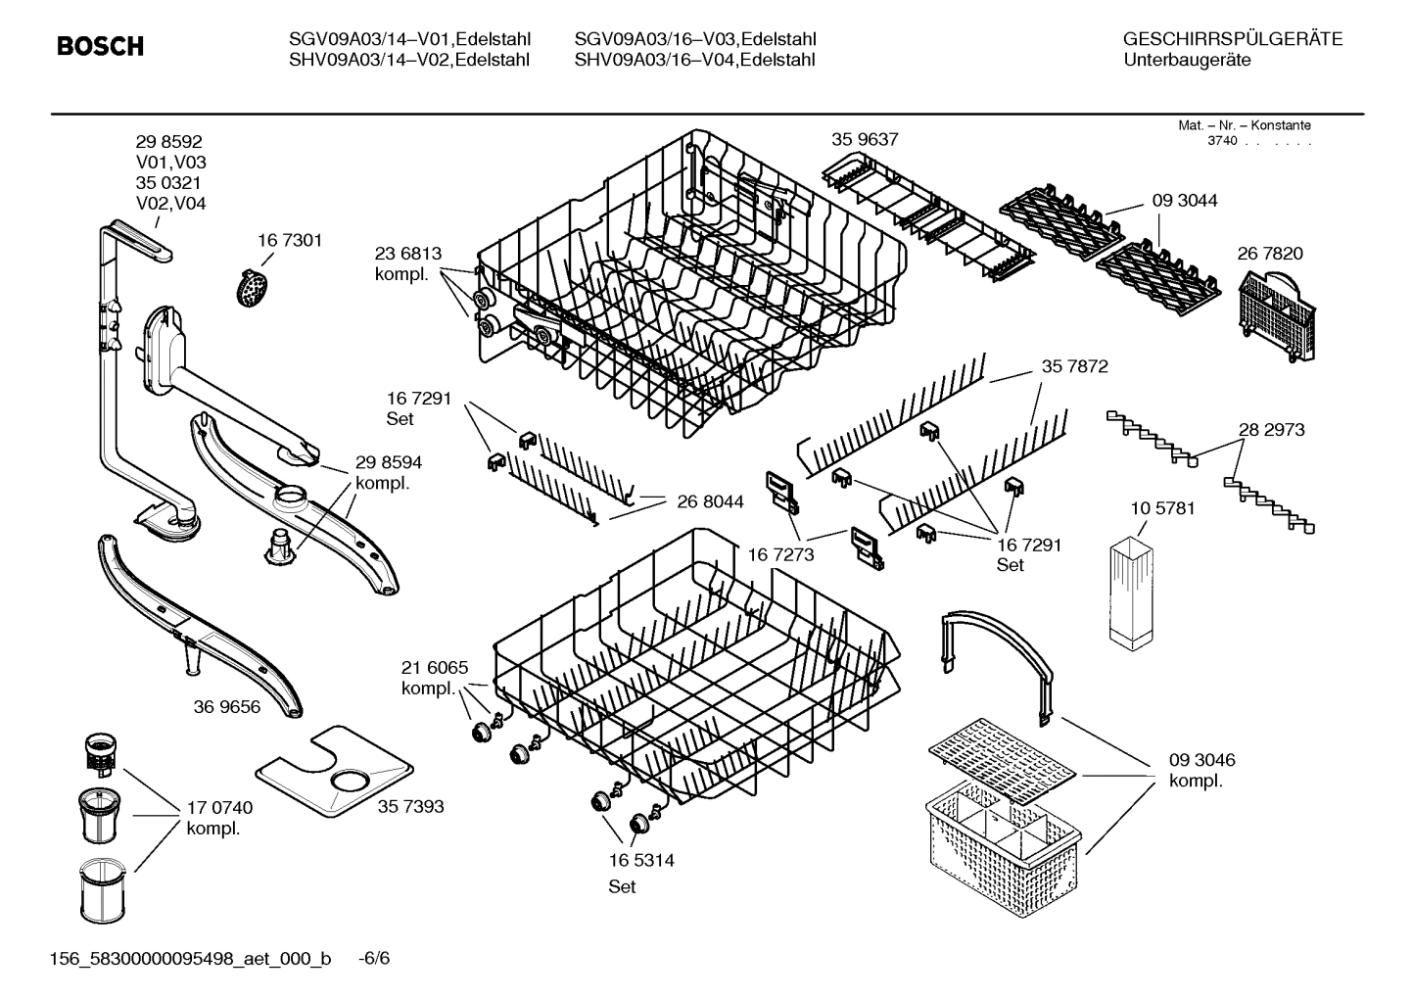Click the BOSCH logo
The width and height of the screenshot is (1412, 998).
coord(100,46)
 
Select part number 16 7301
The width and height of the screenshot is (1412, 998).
coord(289,240)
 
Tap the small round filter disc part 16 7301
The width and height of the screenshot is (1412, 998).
coord(254,288)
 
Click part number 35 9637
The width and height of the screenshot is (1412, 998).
coord(865,139)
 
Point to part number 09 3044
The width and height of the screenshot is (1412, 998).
coord(1184,200)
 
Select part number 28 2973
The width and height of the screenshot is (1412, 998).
coord(1271,429)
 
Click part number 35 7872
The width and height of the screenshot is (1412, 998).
coord(1074,366)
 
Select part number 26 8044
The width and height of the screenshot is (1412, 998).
coord(710,501)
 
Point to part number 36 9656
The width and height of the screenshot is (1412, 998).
coord(226,706)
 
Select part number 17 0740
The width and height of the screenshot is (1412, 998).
coord(219,808)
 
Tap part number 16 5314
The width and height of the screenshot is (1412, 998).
coord(640,861)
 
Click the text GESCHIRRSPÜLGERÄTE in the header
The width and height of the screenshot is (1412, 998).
coord(1232,39)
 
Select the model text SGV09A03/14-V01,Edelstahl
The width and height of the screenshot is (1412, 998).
coord(408,39)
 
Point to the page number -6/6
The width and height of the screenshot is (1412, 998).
coord(373,958)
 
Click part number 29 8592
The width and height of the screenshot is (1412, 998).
coord(168,142)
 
